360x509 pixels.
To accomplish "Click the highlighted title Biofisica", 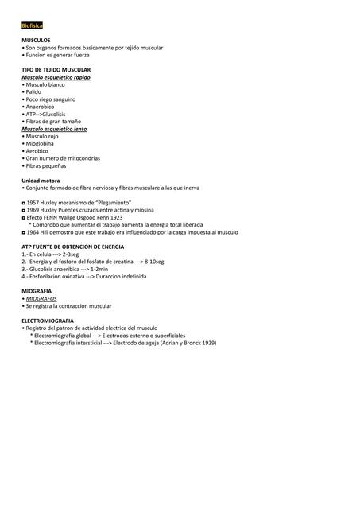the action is [x=33, y=26].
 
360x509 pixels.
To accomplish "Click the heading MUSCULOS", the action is [x=36, y=39].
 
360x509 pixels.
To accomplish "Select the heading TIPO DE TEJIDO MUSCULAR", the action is [x=56, y=70].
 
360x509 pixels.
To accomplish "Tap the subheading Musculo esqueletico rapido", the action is [x=56, y=77].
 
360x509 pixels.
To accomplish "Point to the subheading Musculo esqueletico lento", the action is [x=54, y=128].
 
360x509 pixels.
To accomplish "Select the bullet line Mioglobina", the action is [x=41, y=143].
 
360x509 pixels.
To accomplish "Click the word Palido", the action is [x=33, y=91].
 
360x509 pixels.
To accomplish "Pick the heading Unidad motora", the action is [x=40, y=181].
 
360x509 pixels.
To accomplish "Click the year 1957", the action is [x=33, y=203].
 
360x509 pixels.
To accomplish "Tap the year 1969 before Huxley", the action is [x=33, y=210].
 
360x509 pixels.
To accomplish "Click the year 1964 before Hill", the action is [x=33, y=232].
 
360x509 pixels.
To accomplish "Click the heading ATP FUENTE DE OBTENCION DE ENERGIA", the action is [x=72, y=247].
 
